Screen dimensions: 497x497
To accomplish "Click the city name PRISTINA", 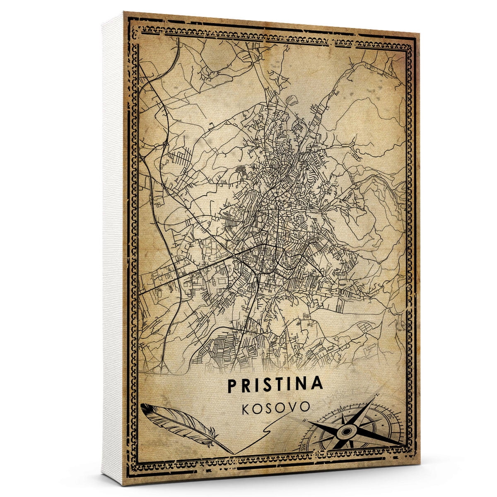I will (x=275, y=384).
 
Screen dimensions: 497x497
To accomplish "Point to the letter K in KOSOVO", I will (x=244, y=408).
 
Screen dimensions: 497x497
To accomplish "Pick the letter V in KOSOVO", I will (x=292, y=407).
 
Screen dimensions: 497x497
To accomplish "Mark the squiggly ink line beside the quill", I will (x=265, y=435).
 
